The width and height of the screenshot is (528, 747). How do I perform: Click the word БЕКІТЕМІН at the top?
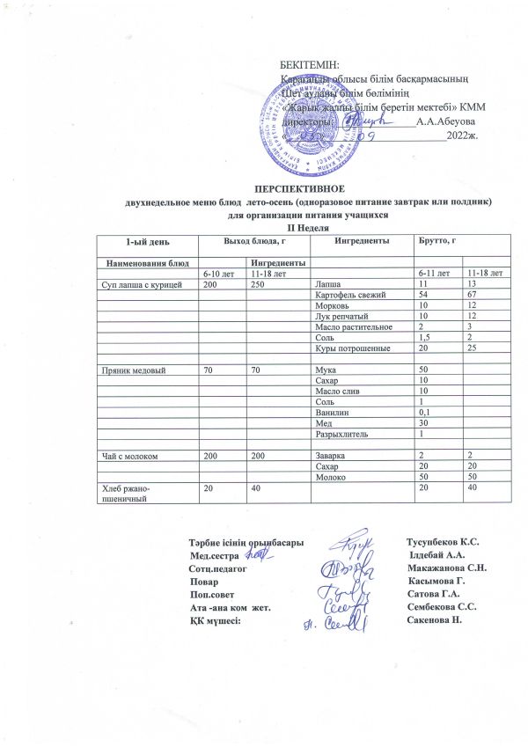coord(308,68)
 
